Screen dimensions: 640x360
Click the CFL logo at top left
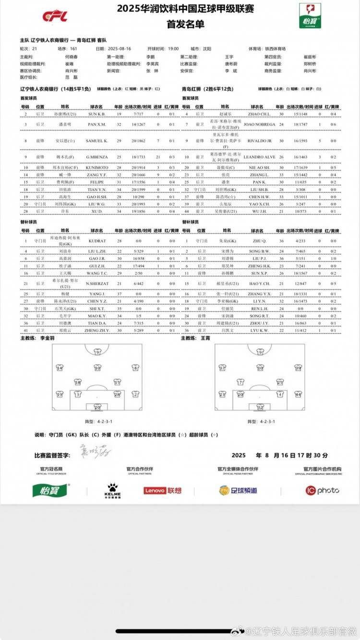coord(55,16)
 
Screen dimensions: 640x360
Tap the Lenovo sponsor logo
coord(163,490)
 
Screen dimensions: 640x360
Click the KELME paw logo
coord(113,490)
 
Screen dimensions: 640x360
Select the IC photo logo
coord(322,490)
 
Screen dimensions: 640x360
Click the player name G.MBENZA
coord(99,157)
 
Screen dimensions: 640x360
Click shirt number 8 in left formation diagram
coord(135,368)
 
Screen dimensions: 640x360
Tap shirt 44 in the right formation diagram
coord(298,394)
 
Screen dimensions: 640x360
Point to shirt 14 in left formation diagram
coord(60,368)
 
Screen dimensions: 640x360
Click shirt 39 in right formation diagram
coord(298,368)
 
